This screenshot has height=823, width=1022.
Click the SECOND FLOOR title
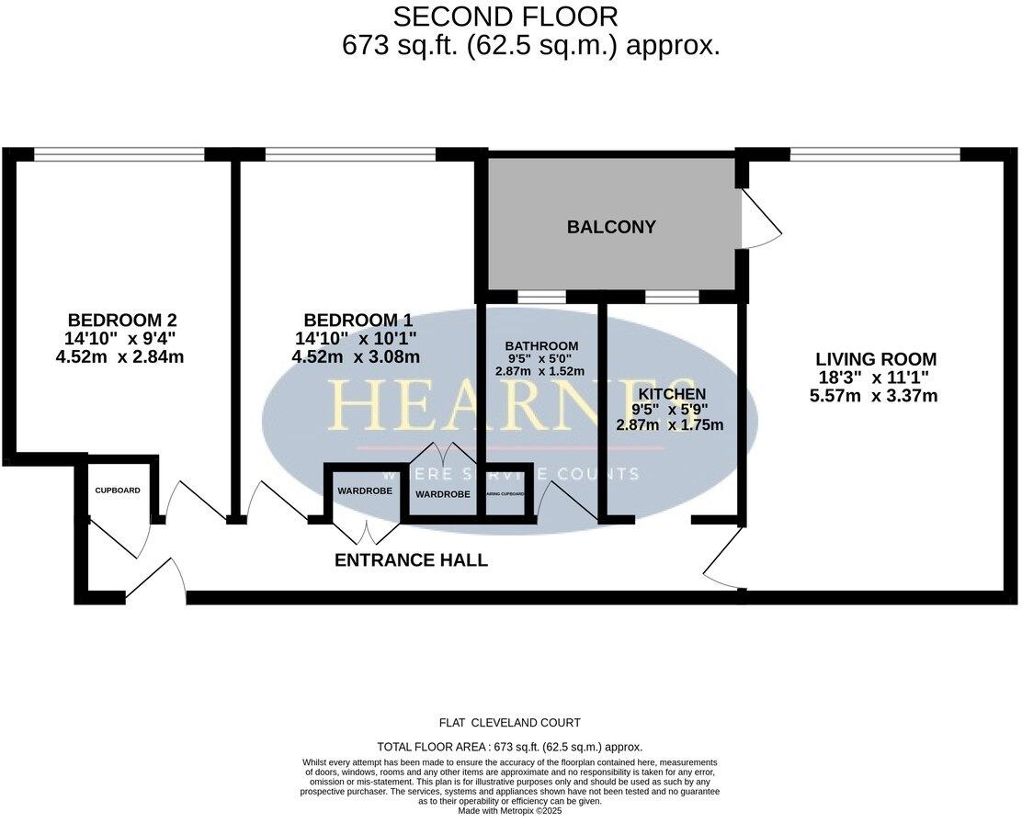[x=505, y=17]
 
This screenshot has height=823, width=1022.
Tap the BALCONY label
[x=611, y=227]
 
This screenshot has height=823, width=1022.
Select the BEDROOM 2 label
[x=122, y=321]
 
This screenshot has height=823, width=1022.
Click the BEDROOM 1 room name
[x=358, y=321]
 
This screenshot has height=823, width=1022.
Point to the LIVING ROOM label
[x=877, y=359]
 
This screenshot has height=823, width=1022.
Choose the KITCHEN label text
[x=671, y=393]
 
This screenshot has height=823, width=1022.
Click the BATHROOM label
[x=541, y=344]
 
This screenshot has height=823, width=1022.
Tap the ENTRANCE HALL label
[x=410, y=560]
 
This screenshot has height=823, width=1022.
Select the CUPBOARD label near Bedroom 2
[x=118, y=490]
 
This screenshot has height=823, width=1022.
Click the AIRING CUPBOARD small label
[x=505, y=494]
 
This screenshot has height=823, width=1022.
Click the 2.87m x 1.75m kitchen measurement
[x=670, y=424]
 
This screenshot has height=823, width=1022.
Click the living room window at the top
[x=875, y=153]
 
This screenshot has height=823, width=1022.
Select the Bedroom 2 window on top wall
[x=119, y=153]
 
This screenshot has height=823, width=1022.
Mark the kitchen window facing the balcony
[x=672, y=297]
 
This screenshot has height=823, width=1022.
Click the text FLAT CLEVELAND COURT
[x=509, y=723]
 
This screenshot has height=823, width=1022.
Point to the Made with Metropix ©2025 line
[x=509, y=811]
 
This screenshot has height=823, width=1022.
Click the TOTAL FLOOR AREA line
[x=509, y=747]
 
